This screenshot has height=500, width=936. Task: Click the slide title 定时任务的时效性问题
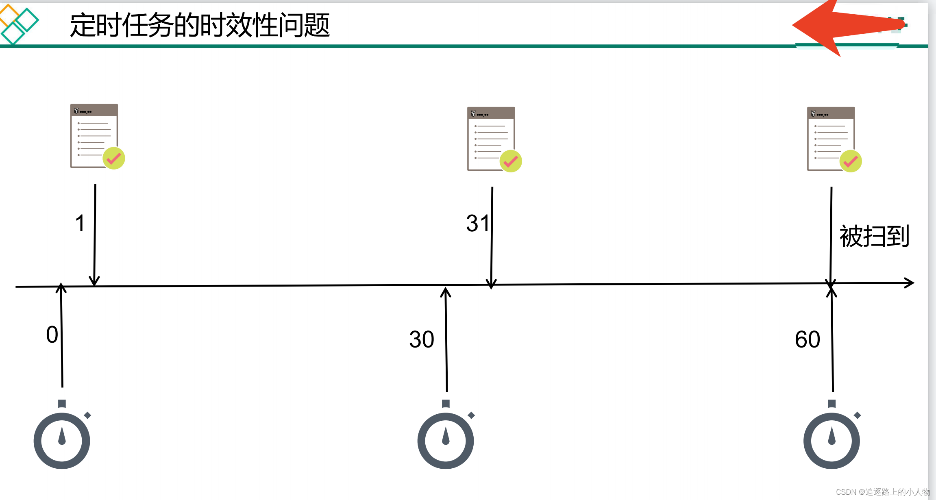point(199,25)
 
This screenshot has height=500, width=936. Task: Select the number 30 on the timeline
point(422,339)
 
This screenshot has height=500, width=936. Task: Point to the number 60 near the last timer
point(807,339)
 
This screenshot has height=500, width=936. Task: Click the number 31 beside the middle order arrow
point(478,223)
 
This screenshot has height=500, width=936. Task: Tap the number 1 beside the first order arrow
point(80,224)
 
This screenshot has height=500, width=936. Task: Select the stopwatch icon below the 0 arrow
point(62,437)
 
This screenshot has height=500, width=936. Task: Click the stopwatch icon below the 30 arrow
point(446,437)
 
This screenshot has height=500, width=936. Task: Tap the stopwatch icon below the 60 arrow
point(832,437)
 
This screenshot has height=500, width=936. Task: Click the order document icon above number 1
point(94,135)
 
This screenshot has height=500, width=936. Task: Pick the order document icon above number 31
point(491,138)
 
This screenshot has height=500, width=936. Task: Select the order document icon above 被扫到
point(831,138)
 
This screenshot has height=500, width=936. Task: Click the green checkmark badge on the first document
point(114,158)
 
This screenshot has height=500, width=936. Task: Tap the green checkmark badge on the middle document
point(511,161)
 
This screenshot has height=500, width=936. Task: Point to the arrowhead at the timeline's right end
point(909,283)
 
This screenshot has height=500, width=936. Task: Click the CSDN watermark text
point(882,492)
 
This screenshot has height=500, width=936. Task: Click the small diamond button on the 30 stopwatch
point(472,415)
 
